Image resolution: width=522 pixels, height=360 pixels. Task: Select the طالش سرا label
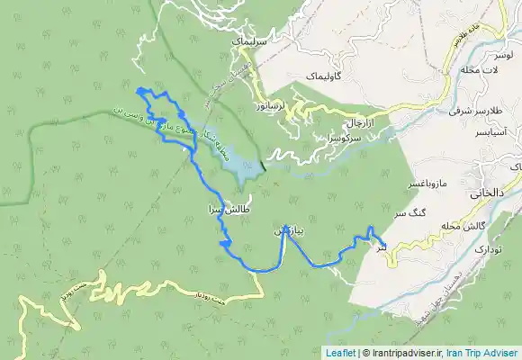click(226, 207)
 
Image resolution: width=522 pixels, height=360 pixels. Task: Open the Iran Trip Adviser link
click(482, 353)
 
